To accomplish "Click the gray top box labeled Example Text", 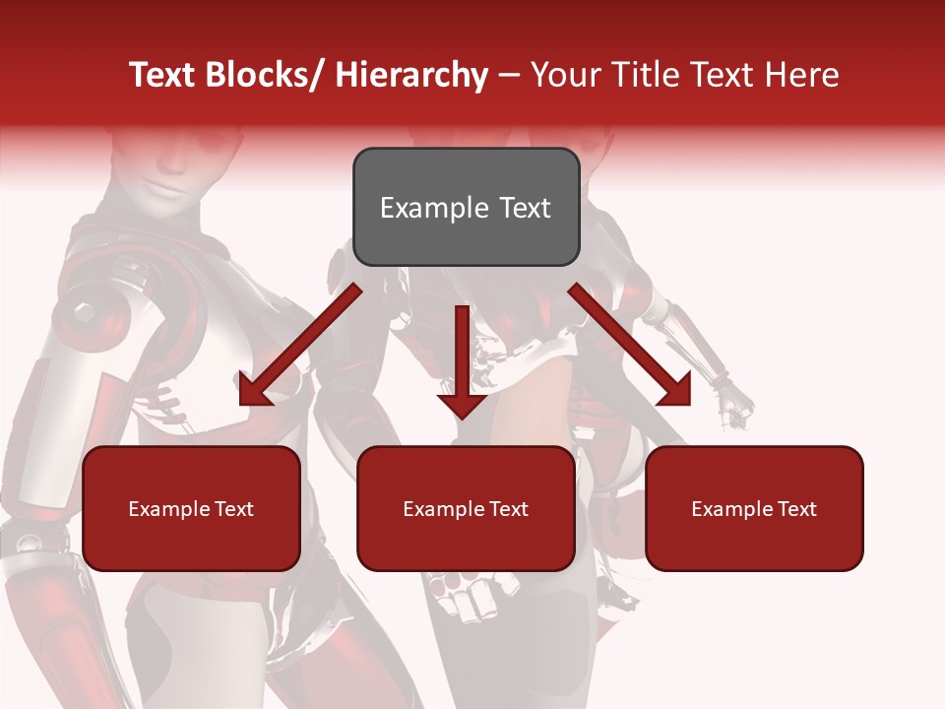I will point(466,207).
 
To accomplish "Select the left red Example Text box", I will point(191,508).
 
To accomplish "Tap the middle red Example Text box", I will point(466,508).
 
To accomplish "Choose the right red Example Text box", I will point(754,508).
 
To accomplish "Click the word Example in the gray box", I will point(434,208).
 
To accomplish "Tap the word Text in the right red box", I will point(796,508).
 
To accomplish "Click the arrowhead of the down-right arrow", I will point(675,390).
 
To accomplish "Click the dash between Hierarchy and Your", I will point(509,75).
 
